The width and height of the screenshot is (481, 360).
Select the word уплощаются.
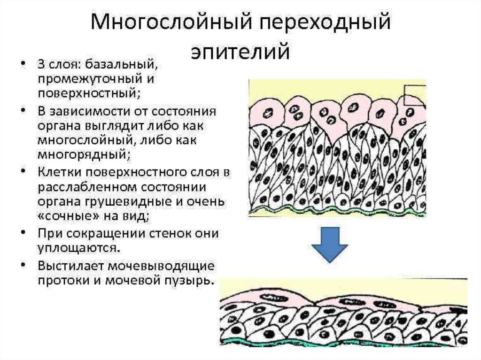[78, 247]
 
